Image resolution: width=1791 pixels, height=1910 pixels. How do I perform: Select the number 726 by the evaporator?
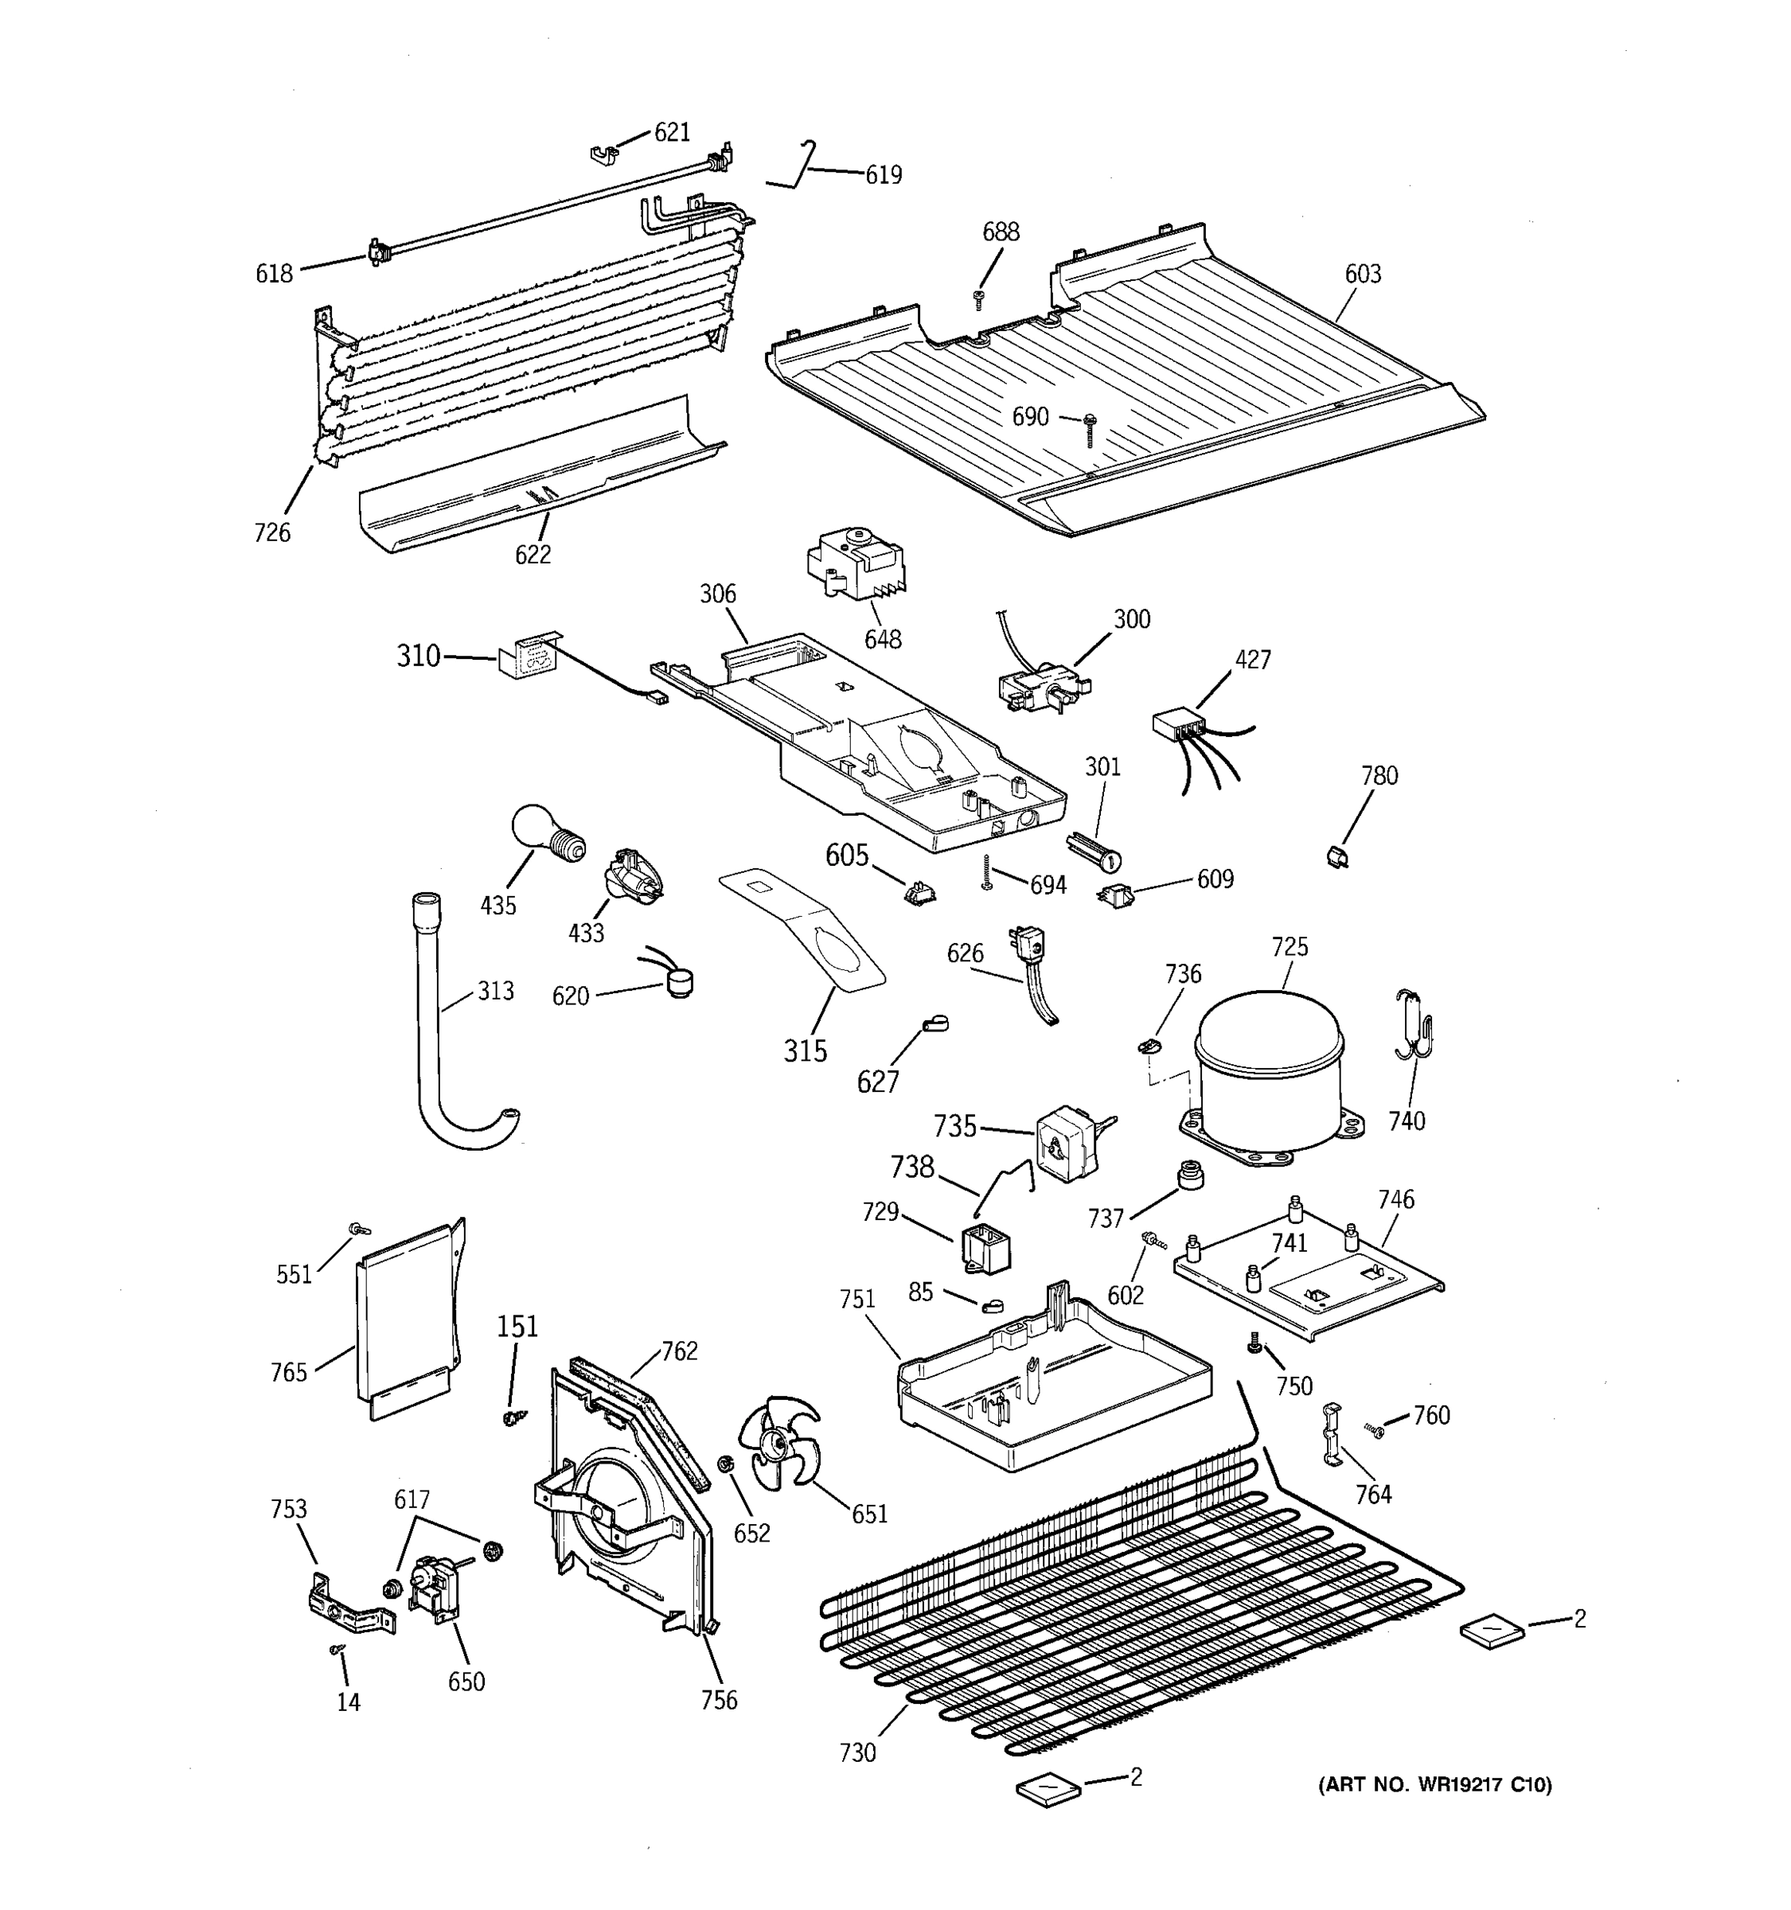click(272, 532)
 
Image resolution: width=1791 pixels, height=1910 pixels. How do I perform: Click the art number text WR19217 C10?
click(1434, 1785)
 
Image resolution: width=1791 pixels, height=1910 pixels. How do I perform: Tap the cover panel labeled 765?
click(404, 1327)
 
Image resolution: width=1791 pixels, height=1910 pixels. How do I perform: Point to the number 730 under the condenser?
click(857, 1752)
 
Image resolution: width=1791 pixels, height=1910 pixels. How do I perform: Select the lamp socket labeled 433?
click(631, 877)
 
